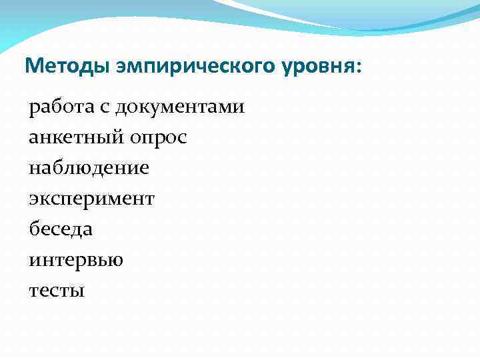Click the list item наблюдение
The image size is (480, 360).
point(89,168)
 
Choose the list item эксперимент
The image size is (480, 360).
point(91,199)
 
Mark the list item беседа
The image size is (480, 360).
point(61,229)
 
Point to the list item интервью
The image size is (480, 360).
point(76,260)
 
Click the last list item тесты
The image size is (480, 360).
point(57,291)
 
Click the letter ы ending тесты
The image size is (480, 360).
point(79,291)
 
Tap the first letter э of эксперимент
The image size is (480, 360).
point(33,199)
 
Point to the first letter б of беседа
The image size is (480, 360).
point(34,229)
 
